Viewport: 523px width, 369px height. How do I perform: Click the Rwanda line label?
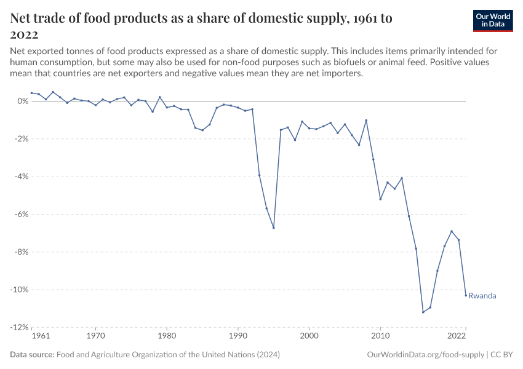tap(482, 296)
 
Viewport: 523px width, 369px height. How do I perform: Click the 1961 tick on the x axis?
tap(41, 336)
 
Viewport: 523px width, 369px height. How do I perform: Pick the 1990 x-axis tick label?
tap(238, 336)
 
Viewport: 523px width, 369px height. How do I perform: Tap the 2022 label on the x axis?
tap(456, 336)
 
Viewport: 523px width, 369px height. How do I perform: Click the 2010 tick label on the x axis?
tap(380, 336)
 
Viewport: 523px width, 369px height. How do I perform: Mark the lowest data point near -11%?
tap(423, 312)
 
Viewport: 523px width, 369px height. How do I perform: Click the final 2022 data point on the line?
tap(466, 295)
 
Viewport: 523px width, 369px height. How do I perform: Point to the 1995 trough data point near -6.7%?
tap(274, 228)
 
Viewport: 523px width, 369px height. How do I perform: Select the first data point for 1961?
tap(31, 93)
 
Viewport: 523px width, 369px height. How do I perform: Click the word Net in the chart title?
tap(23, 18)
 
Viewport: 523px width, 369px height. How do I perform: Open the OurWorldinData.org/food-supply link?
tap(425, 355)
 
